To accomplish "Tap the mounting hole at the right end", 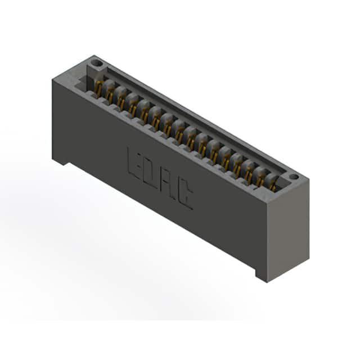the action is [294, 177].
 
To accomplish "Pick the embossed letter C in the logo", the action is [185, 195].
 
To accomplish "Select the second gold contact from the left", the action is [110, 96].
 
